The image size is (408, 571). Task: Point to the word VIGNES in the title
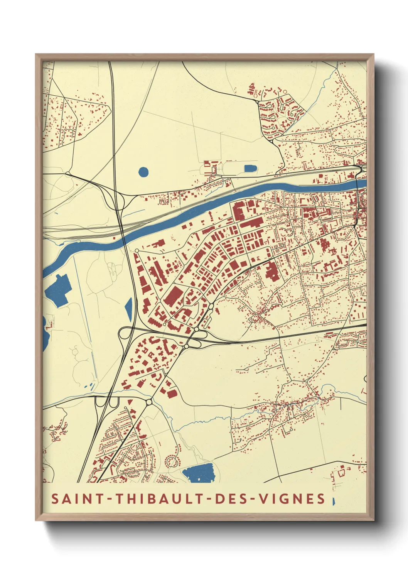click(292, 499)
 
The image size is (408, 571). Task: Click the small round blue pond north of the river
click(143, 171)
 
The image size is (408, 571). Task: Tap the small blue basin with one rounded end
click(250, 169)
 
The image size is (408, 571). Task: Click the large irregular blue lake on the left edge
click(58, 290)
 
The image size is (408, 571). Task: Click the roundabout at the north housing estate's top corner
click(257, 101)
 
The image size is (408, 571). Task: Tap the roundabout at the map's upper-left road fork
click(68, 173)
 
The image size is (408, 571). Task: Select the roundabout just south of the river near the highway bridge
click(137, 251)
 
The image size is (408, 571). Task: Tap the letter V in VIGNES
click(263, 499)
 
